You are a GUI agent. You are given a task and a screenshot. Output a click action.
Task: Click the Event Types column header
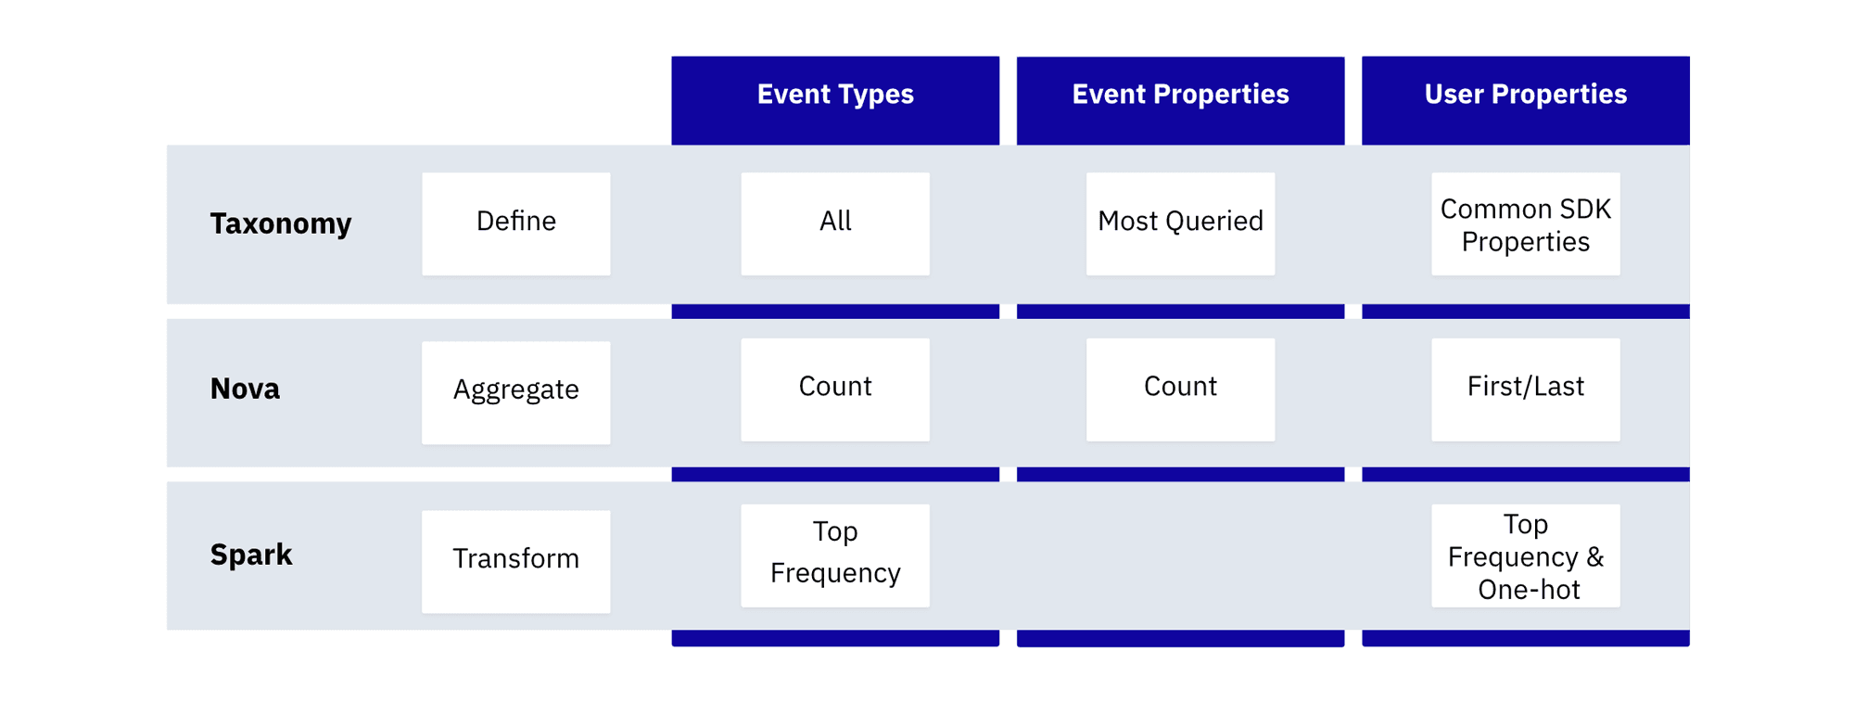pos(835,95)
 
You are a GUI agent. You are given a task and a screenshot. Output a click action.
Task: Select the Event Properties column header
pos(1180,95)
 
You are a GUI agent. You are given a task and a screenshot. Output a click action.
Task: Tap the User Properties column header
pos(1525,95)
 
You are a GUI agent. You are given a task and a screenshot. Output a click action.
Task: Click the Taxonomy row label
pos(281,223)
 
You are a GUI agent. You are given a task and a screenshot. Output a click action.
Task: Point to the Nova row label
pos(245,389)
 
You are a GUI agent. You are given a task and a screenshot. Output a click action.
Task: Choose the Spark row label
pos(251,555)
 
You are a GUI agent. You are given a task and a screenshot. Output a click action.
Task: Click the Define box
pos(516,223)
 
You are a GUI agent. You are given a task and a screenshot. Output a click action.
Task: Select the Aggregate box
pos(516,391)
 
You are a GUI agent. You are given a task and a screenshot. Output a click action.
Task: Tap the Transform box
pos(516,560)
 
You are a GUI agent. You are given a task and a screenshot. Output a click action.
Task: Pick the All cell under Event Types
pos(835,223)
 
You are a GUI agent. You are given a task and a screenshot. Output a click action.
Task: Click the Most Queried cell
pos(1180,223)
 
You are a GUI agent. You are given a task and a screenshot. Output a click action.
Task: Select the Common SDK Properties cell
pos(1525,224)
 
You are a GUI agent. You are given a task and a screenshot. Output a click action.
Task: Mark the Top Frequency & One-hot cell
pos(1525,555)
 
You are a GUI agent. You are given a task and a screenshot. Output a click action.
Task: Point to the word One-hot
pos(1529,590)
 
